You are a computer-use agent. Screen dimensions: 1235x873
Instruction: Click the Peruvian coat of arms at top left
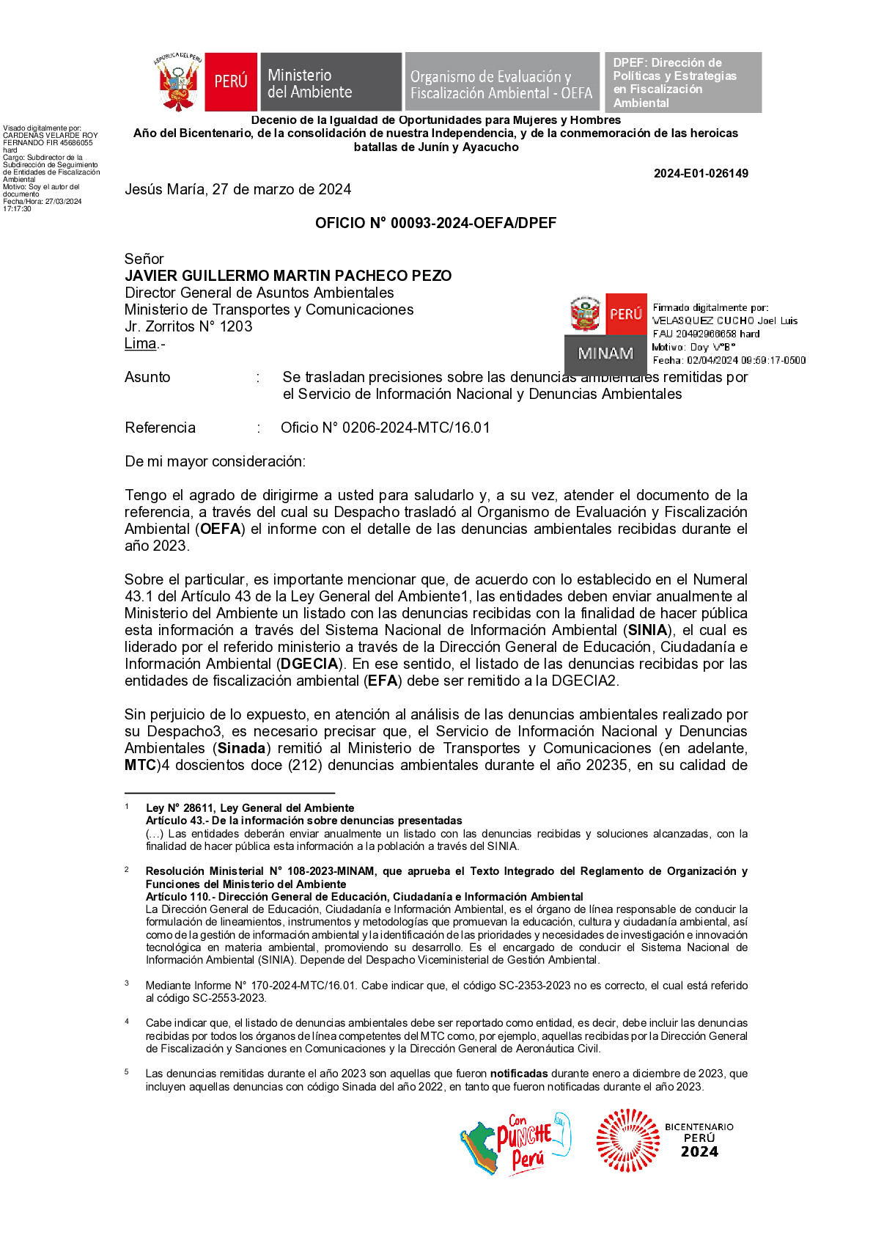point(177,82)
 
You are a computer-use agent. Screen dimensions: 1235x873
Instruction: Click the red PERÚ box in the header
point(231,82)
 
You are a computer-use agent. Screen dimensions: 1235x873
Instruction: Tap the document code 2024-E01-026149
point(701,174)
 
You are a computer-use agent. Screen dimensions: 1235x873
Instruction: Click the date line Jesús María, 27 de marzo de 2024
point(237,189)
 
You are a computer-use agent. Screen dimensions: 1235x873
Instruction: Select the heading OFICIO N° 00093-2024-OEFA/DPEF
point(435,223)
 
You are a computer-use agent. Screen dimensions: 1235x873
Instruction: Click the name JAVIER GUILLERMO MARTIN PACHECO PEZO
point(288,276)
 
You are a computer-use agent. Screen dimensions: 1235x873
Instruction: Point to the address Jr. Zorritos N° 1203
point(188,326)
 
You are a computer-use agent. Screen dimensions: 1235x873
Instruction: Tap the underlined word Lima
point(141,343)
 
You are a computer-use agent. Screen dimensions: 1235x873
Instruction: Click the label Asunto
point(147,377)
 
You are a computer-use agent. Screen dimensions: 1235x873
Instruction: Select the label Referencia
point(160,428)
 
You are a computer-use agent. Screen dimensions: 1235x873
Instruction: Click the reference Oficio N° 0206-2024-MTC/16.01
point(385,428)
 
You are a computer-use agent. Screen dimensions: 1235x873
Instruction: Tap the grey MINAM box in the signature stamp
point(605,353)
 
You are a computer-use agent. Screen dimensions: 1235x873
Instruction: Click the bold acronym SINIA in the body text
point(648,630)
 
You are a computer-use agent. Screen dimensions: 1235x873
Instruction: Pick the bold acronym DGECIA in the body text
point(310,664)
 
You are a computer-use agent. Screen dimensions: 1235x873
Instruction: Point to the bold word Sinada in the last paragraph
point(242,748)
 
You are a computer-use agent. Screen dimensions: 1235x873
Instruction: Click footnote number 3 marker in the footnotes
point(127,983)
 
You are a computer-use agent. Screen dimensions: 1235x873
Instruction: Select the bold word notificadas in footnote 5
point(519,1074)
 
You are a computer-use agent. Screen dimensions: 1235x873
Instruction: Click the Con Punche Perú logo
point(515,1143)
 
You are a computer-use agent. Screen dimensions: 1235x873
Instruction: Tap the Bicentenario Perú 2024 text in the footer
point(699,1140)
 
